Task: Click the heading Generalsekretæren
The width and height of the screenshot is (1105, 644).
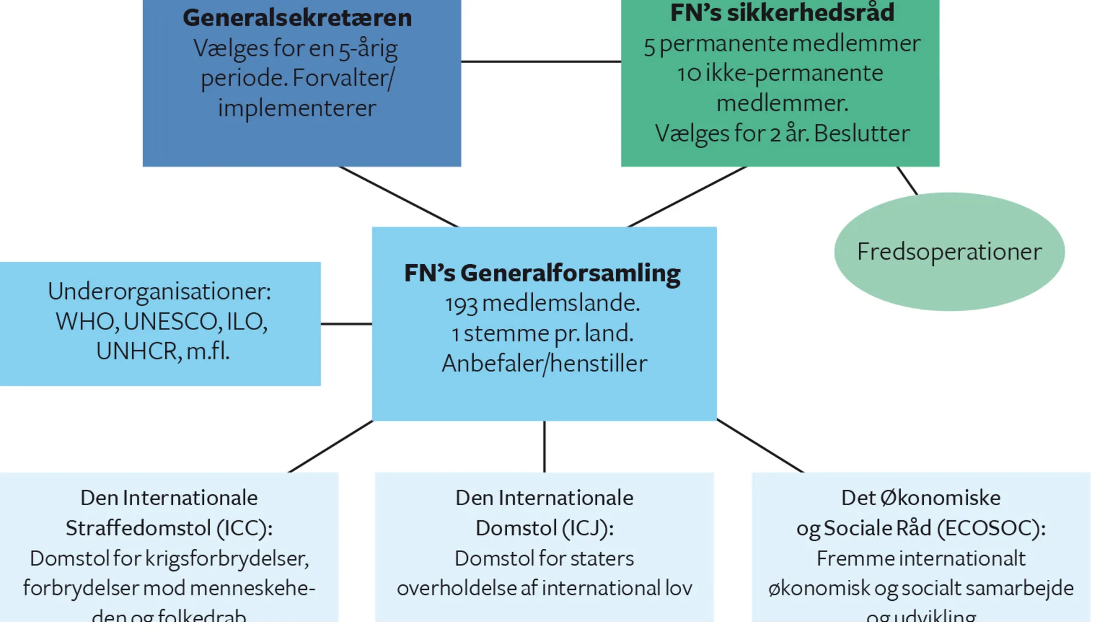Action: (x=297, y=18)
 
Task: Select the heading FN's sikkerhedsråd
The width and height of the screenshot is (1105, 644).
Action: (x=782, y=13)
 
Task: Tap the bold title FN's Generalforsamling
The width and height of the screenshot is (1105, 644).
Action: (x=542, y=273)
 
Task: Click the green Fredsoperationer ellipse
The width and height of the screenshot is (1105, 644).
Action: (x=949, y=252)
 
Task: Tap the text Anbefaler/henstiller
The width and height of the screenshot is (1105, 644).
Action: (x=544, y=364)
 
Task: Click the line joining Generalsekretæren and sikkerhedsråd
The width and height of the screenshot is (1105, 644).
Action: (x=541, y=61)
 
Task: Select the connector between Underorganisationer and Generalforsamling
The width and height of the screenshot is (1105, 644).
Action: (x=346, y=323)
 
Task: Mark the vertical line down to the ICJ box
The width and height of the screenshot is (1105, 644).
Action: (x=544, y=446)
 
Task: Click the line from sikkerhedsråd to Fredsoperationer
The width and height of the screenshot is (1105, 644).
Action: (x=907, y=180)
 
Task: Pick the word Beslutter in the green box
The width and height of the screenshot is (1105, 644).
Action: (x=861, y=134)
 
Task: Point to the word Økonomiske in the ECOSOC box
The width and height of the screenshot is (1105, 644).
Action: (x=940, y=498)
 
